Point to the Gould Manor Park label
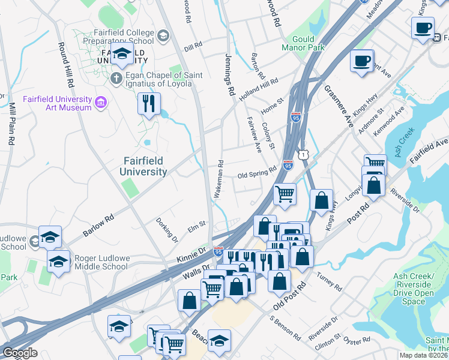click(x=303, y=42)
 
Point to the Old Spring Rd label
click(x=257, y=175)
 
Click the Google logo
click(x=20, y=353)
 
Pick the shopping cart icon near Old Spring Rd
click(x=285, y=193)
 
